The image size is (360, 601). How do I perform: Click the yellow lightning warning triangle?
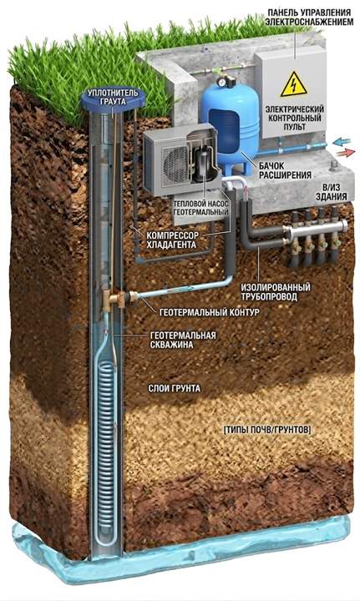294,84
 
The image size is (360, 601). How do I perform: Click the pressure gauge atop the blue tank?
221,82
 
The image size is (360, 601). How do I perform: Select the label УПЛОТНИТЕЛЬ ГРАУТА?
113,98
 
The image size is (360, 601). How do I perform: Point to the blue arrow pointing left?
342,143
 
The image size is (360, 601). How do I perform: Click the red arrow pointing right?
345,153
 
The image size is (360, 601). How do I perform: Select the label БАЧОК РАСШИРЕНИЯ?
285,170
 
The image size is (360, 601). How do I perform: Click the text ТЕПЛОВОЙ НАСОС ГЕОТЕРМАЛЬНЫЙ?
200,208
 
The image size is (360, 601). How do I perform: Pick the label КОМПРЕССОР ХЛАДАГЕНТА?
173,240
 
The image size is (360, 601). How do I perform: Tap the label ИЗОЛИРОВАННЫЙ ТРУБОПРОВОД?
276,292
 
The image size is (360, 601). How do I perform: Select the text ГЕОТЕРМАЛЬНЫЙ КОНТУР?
209,312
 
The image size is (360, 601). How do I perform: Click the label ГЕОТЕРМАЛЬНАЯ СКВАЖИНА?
182,340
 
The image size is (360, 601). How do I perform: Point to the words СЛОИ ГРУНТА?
174,389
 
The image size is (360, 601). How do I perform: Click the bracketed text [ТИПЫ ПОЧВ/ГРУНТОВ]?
266,430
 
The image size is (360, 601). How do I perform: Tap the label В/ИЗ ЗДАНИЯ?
331,193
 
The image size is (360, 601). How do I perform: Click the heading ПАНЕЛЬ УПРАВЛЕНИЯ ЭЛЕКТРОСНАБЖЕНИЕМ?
309,18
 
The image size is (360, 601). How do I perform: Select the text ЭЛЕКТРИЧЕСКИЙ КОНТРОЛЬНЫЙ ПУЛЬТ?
295,118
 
